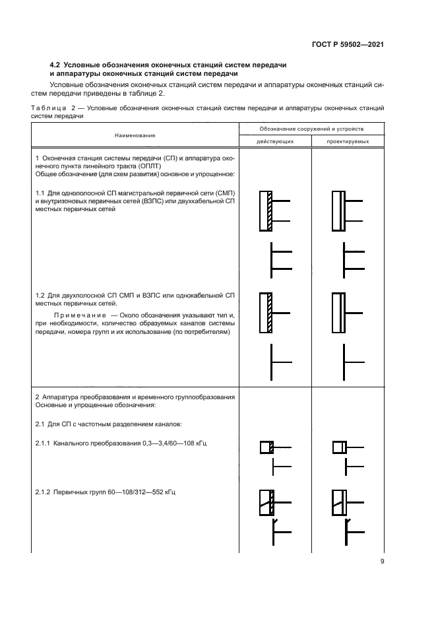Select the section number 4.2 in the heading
coord(55,64)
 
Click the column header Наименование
coord(135,135)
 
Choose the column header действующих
coord(275,141)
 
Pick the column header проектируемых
coord(348,141)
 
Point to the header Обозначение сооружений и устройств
coord(311,129)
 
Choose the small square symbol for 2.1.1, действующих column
coord(266,447)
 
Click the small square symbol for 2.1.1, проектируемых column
coord(338,447)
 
